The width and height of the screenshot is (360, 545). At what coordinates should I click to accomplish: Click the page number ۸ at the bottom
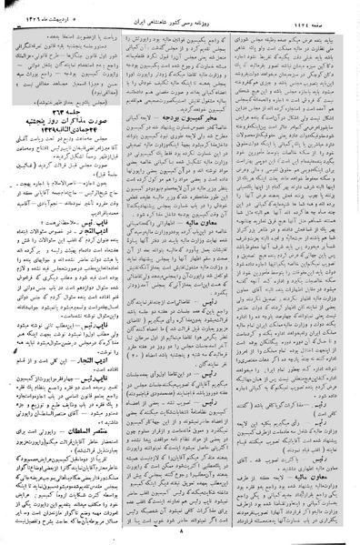180,537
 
